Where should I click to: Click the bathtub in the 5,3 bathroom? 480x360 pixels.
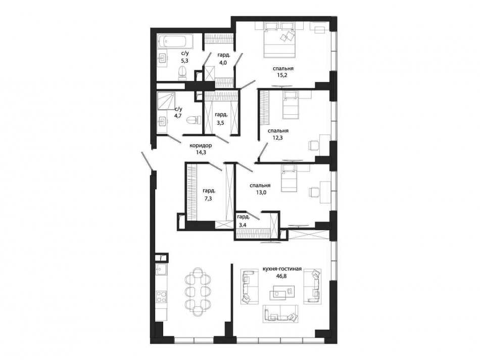tap(172, 41)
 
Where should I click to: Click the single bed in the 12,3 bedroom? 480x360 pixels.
tap(290, 106)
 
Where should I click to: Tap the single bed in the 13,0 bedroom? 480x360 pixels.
tap(290, 179)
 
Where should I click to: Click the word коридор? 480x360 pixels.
tap(201, 145)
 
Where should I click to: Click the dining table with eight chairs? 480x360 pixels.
tap(198, 292)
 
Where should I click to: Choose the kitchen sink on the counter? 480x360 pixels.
tap(161, 269)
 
